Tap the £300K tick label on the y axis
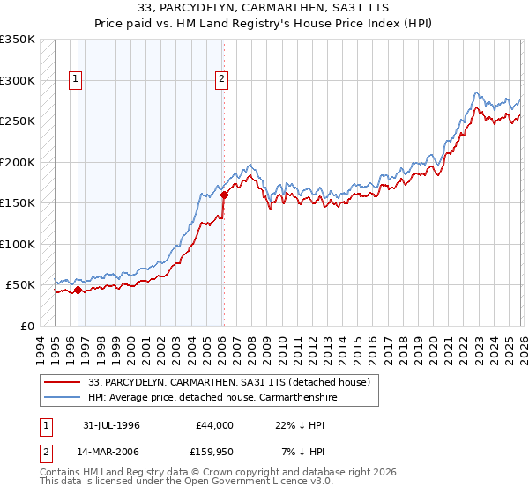(x=18, y=80)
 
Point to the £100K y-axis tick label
(x=18, y=244)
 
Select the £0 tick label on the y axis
(x=26, y=326)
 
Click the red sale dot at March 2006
(x=224, y=195)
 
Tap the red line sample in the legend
(x=63, y=382)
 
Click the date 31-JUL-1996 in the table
(x=109, y=425)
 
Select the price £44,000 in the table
(x=214, y=425)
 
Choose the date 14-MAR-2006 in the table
(x=109, y=452)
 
